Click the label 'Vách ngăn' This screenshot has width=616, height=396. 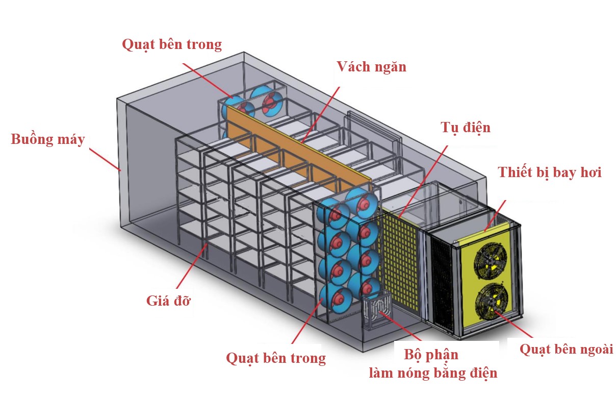[x=371, y=67]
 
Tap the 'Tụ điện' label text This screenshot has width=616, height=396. [x=465, y=127]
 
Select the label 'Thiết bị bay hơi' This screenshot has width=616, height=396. [x=549, y=172]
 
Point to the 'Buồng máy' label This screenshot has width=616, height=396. [x=47, y=139]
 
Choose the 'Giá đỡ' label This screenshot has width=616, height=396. [x=168, y=300]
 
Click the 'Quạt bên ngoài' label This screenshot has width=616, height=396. [x=566, y=350]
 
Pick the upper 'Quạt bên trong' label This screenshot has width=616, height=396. [x=172, y=44]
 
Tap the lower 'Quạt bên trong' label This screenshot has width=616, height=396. [x=276, y=358]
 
